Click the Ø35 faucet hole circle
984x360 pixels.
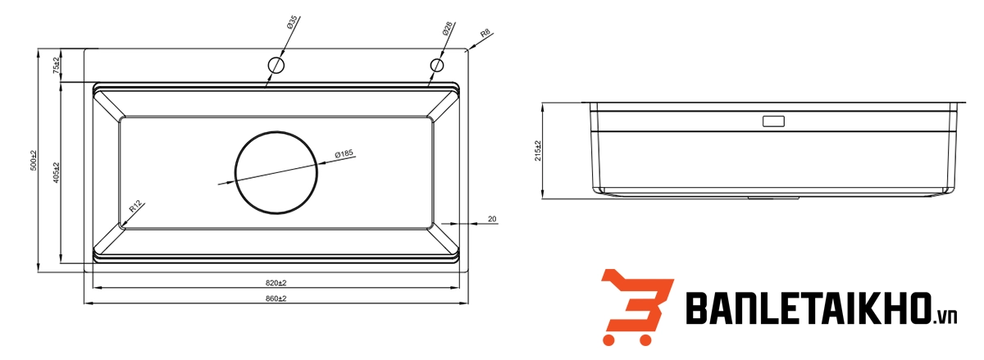click(x=277, y=65)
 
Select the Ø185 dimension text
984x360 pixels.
click(x=343, y=153)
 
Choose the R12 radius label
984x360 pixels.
click(x=135, y=208)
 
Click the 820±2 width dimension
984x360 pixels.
click(x=276, y=283)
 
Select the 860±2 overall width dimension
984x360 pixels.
click(x=276, y=298)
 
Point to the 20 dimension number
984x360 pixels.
click(x=492, y=219)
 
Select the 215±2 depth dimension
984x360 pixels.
click(x=538, y=151)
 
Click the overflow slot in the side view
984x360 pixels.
click(x=773, y=121)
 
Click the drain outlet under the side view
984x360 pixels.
click(x=774, y=198)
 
